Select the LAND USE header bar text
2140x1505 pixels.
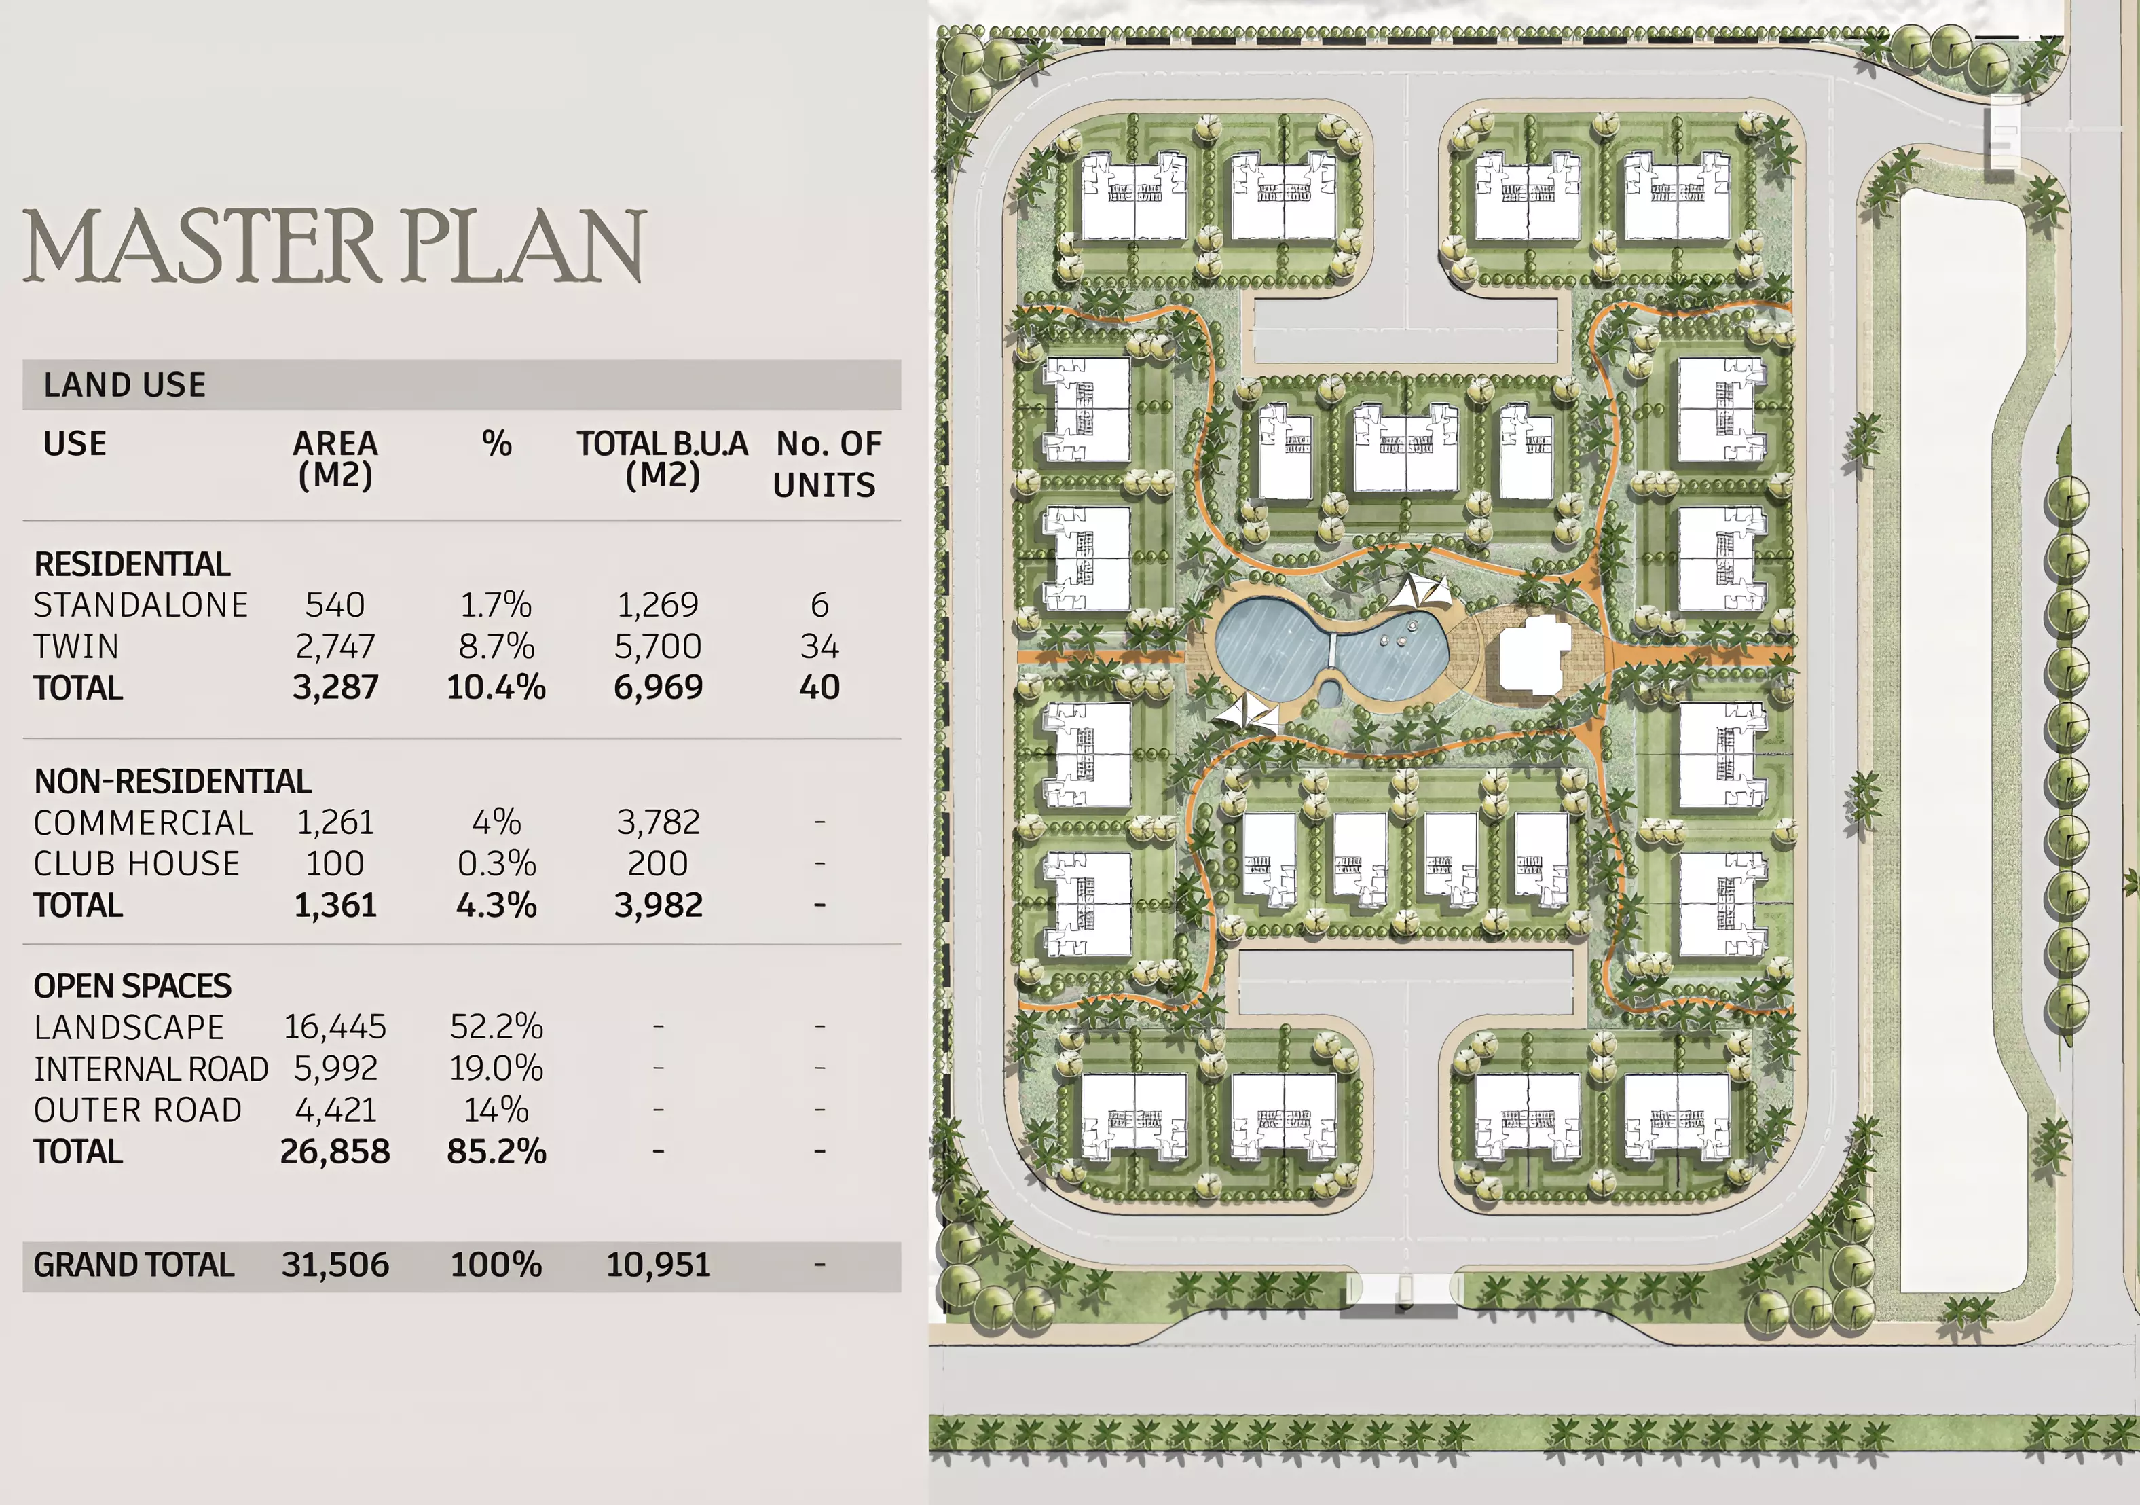point(125,384)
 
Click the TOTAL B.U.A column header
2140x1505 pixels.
point(662,459)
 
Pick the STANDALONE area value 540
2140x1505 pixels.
point(335,604)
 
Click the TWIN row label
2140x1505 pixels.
point(77,645)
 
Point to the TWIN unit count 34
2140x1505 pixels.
point(819,645)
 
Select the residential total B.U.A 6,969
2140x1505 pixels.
point(658,687)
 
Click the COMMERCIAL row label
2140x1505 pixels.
point(143,822)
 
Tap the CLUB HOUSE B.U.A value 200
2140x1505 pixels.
point(658,863)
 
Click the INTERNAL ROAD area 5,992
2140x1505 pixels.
point(335,1068)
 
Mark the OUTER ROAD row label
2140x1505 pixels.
point(138,1110)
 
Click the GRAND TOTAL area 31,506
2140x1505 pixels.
point(335,1265)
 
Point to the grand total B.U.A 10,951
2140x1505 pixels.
point(658,1265)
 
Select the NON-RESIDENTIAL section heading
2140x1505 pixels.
point(172,782)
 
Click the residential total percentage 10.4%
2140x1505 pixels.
point(496,687)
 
